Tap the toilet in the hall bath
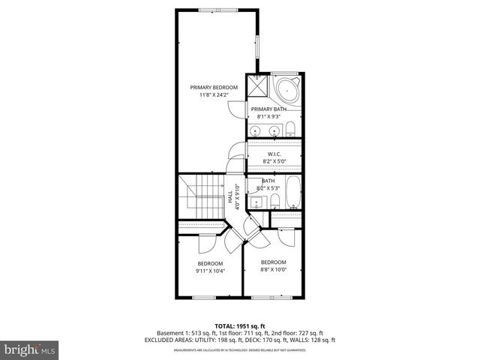275,200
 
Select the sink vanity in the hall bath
257,201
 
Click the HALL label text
229,196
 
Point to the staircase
201,198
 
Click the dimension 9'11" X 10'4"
211,270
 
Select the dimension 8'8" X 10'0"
273,269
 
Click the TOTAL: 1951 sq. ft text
240,325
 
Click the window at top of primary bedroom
217,10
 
